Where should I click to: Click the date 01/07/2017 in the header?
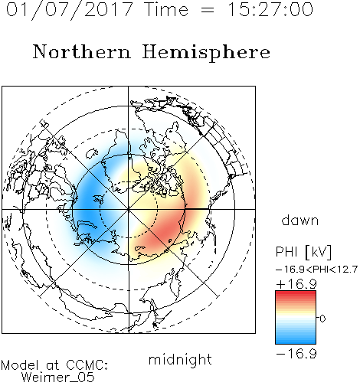[70, 10]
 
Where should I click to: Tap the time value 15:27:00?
[270, 9]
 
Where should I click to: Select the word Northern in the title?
[82, 51]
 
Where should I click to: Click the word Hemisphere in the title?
[206, 53]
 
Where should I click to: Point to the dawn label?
[300, 220]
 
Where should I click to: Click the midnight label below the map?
[180, 359]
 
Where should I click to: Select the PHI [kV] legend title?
[303, 252]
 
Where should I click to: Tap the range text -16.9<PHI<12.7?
[316, 270]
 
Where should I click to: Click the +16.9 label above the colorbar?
[296, 284]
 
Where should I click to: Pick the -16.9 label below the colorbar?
[296, 354]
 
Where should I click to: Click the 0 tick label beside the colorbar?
[322, 319]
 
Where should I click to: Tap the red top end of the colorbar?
[296, 293]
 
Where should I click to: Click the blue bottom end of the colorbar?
[296, 342]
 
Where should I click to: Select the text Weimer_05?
[57, 378]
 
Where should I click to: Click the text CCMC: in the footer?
[87, 364]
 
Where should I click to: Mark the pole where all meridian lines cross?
[129, 209]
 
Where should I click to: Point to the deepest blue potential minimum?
[87, 204]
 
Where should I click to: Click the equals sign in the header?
[208, 10]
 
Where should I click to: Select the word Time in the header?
[166, 9]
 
